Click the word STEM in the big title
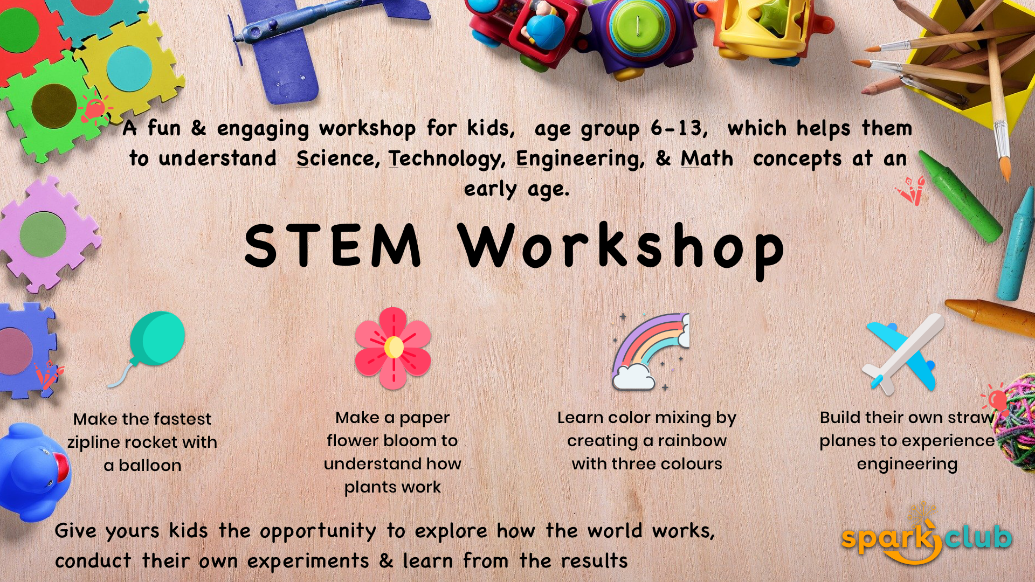click(333, 246)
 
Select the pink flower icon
click(394, 348)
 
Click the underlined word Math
click(707, 158)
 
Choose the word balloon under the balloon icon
click(150, 465)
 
